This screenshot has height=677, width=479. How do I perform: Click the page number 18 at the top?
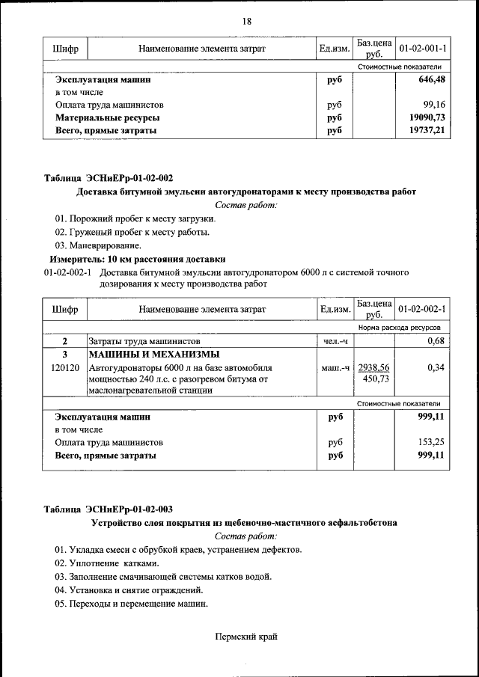tap(246, 21)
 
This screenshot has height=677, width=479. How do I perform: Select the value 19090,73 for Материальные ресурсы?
tap(427, 118)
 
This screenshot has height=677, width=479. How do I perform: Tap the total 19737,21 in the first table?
tap(427, 131)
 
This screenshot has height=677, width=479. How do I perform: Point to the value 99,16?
tap(433, 105)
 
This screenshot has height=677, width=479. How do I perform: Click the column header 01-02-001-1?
tap(422, 49)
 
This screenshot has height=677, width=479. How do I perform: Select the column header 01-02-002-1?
tap(422, 309)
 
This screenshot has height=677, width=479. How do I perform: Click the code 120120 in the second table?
tap(65, 368)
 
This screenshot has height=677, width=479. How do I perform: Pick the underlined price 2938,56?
tap(373, 367)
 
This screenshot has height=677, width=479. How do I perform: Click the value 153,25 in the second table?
tap(432, 442)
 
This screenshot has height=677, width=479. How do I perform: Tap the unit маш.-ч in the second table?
tap(335, 368)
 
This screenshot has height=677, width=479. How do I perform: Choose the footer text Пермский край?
tap(246, 637)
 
